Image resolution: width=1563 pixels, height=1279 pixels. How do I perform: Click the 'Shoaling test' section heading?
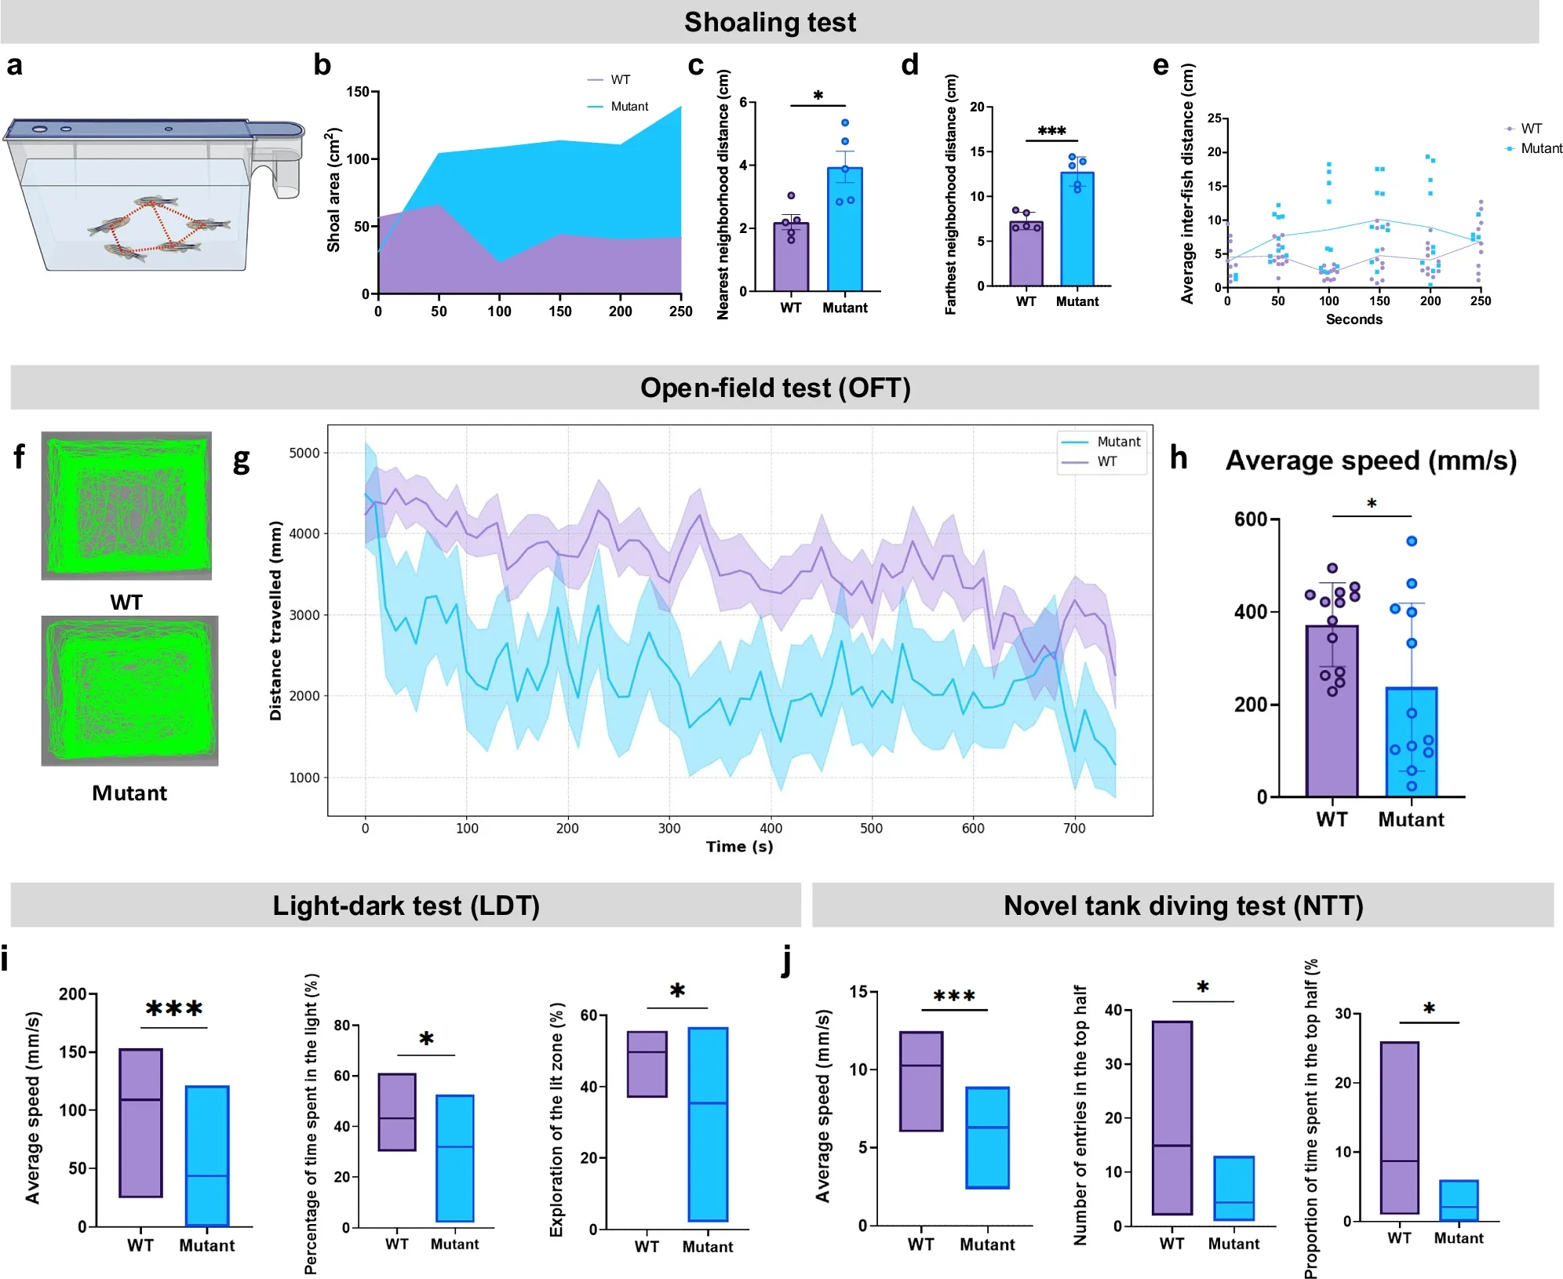pos(770,22)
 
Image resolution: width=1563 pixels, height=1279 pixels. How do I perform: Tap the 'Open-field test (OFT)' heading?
pos(774,388)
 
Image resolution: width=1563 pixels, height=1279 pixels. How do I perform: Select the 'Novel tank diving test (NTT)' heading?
pos(1182,906)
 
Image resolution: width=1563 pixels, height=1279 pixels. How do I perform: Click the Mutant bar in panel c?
pos(844,229)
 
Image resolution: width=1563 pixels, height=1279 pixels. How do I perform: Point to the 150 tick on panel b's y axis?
pos(358,92)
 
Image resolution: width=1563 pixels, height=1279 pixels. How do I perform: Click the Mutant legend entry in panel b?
pos(628,107)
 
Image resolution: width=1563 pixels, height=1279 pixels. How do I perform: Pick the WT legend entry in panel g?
pos(1106,461)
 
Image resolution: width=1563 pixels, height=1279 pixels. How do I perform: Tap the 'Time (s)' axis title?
pos(739,847)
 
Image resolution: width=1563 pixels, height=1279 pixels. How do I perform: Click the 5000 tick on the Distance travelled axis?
pos(304,453)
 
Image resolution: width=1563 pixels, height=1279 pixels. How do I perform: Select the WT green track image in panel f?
pos(126,505)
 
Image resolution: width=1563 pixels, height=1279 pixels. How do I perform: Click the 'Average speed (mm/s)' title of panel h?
pos(1370,461)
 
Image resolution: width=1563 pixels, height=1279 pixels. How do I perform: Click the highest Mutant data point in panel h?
pos(1411,541)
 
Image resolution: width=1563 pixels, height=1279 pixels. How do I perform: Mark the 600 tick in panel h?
pos(1250,519)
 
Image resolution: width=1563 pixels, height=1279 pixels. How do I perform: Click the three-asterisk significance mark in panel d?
pos(1051,131)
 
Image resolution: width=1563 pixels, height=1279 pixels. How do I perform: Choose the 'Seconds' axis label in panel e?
pos(1354,319)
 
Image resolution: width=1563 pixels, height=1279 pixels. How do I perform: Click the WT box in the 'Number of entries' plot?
pos(1171,1117)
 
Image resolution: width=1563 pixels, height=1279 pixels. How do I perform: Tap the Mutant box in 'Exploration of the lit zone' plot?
pos(707,1124)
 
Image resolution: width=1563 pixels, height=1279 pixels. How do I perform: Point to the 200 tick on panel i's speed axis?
pos(73,994)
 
